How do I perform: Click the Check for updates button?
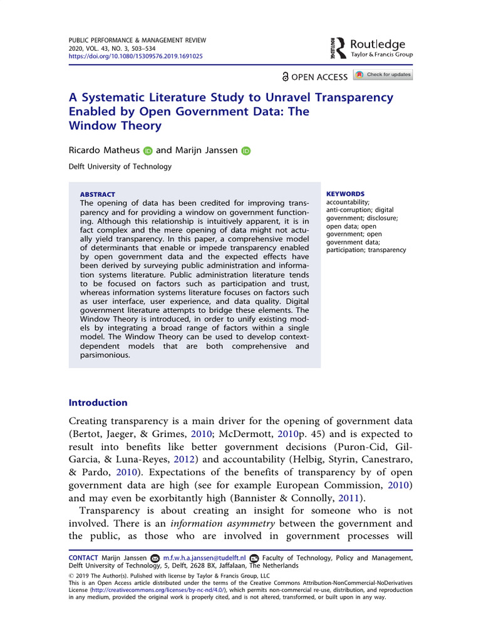coord(383,75)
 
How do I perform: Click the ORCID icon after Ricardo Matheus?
coord(148,150)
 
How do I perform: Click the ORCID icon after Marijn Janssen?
coord(246,150)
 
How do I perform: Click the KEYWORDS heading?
coord(346,194)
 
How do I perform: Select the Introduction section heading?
coord(98,403)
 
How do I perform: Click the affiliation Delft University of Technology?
coord(120,167)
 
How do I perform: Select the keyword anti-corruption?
coord(348,210)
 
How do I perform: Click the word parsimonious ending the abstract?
coord(105,354)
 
